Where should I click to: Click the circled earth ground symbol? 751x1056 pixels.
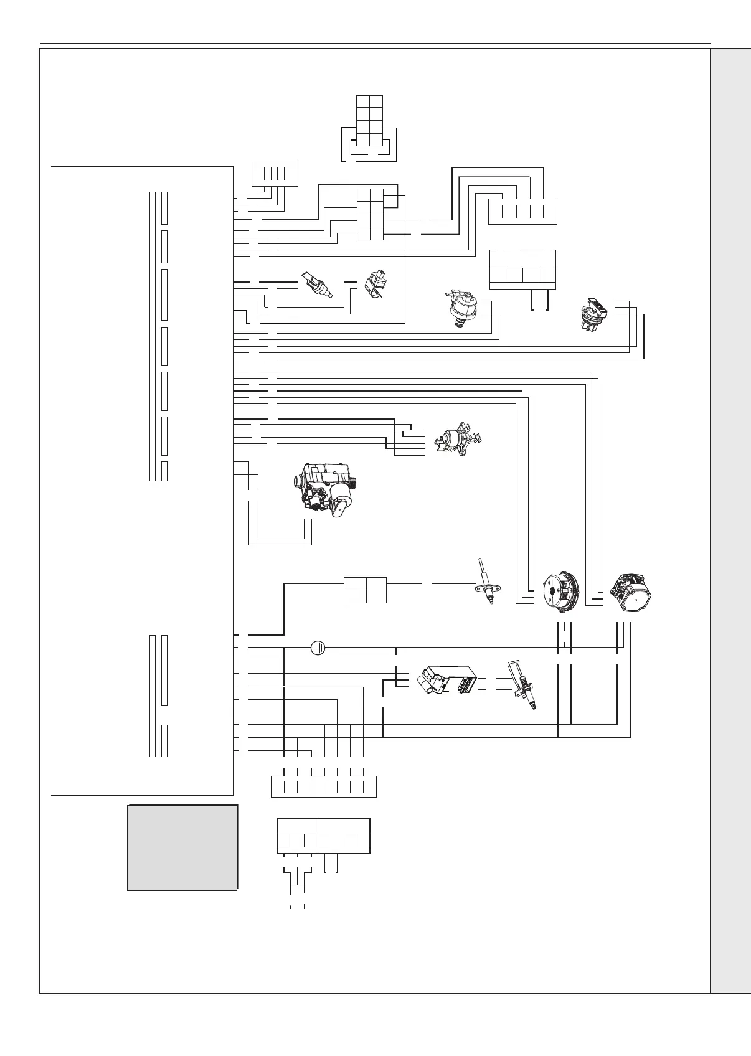[x=318, y=648]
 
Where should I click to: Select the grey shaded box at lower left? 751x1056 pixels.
[x=182, y=847]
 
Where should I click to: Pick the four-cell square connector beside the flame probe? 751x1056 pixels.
[x=365, y=590]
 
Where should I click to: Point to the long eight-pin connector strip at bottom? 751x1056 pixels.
[x=324, y=786]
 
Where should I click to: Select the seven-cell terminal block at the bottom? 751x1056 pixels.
[x=324, y=836]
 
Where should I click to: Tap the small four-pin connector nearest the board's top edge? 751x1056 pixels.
[x=274, y=173]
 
